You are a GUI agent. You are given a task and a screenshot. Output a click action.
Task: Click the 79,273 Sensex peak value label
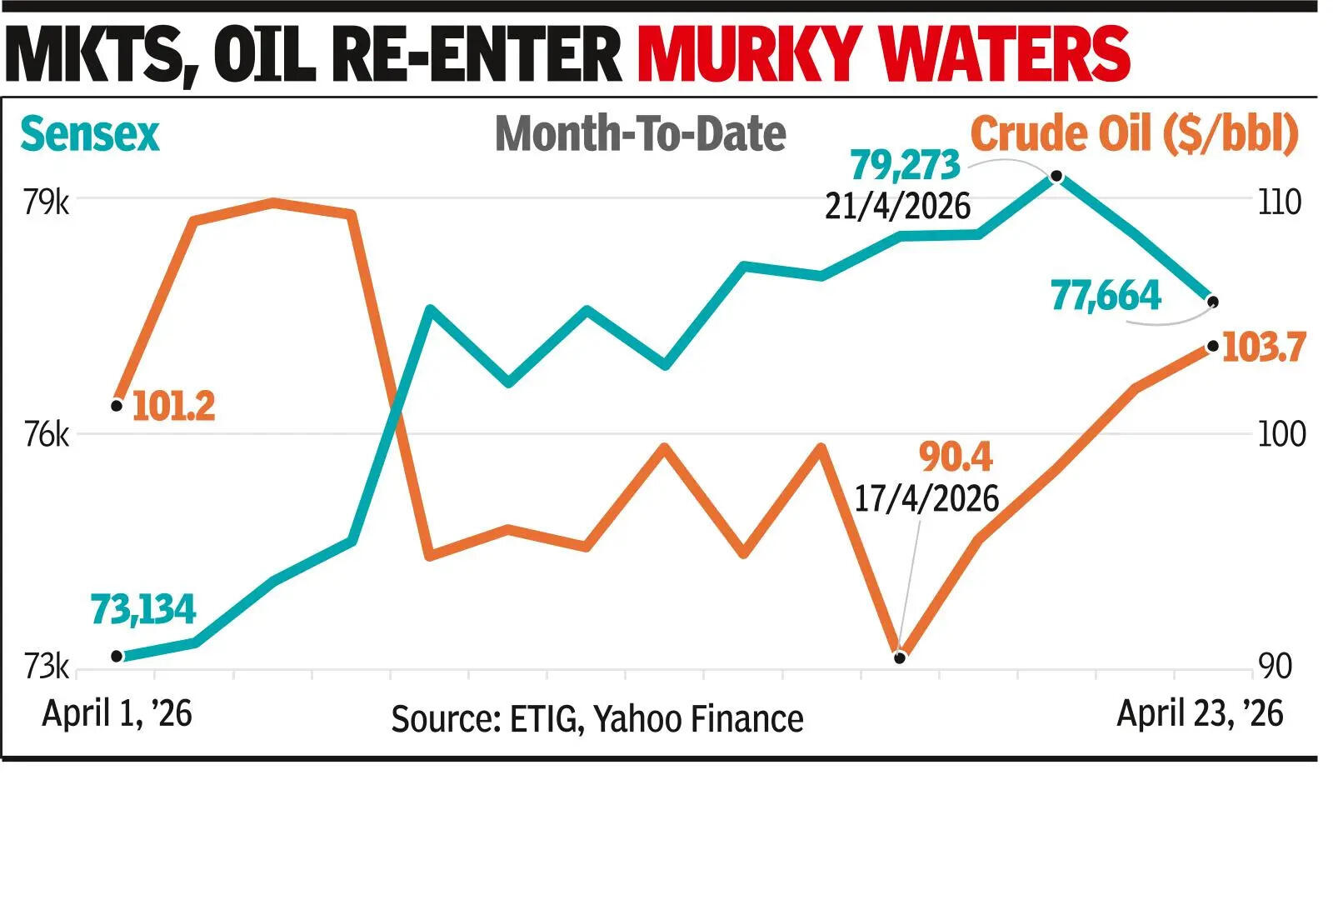click(x=905, y=166)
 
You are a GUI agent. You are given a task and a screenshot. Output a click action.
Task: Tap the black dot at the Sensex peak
click(x=1056, y=176)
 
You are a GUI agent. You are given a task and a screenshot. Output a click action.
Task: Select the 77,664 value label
click(x=1106, y=296)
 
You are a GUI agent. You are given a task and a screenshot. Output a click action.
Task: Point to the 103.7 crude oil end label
click(x=1263, y=347)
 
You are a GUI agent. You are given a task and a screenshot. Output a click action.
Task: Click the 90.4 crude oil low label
click(x=956, y=457)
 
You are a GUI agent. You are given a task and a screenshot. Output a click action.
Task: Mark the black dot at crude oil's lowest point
click(x=900, y=657)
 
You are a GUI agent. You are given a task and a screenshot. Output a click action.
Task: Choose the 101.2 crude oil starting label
click(x=173, y=406)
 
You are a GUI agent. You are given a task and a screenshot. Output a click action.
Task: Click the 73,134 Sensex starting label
click(x=142, y=609)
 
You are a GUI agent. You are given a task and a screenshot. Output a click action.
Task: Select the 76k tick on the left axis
click(x=46, y=434)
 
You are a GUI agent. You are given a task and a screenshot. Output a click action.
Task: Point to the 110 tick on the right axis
click(x=1279, y=202)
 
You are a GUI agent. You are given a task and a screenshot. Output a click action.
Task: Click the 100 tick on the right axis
click(x=1281, y=434)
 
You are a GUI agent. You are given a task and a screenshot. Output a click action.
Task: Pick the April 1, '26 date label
click(x=117, y=713)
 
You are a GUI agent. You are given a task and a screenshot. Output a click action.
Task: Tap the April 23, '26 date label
click(x=1200, y=713)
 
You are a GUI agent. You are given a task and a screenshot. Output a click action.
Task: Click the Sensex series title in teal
click(x=89, y=134)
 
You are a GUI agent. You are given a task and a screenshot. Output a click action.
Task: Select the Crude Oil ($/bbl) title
click(x=1135, y=134)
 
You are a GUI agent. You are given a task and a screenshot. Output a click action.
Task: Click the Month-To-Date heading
click(x=640, y=134)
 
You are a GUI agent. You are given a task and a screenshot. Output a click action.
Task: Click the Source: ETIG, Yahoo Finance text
click(x=597, y=718)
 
